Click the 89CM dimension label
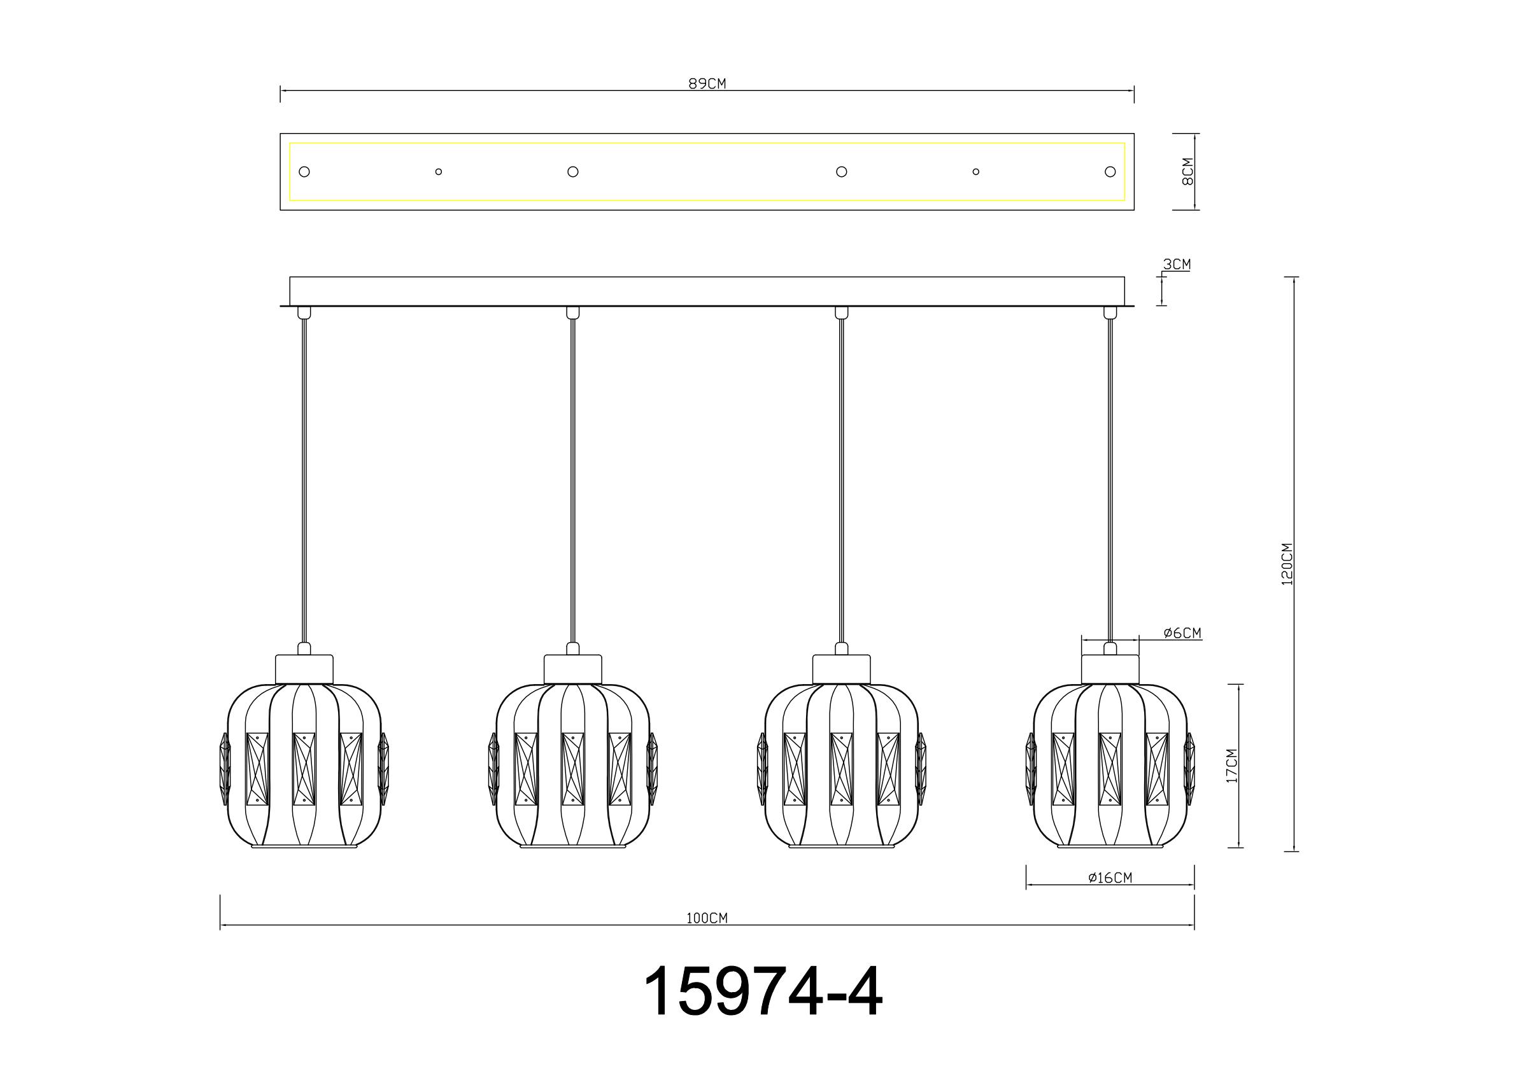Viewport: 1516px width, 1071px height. point(707,84)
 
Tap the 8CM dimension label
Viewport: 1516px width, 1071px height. point(1188,172)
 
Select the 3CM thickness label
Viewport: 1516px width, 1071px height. point(1177,265)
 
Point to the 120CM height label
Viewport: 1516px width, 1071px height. point(1287,564)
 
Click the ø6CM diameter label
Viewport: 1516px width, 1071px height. point(1182,633)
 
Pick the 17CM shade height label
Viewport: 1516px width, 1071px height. point(1231,766)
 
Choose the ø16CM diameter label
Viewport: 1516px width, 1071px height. point(1110,878)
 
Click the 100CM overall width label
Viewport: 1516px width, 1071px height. point(707,918)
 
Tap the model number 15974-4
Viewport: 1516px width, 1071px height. point(763,993)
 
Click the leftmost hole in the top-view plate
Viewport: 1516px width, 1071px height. point(304,172)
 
